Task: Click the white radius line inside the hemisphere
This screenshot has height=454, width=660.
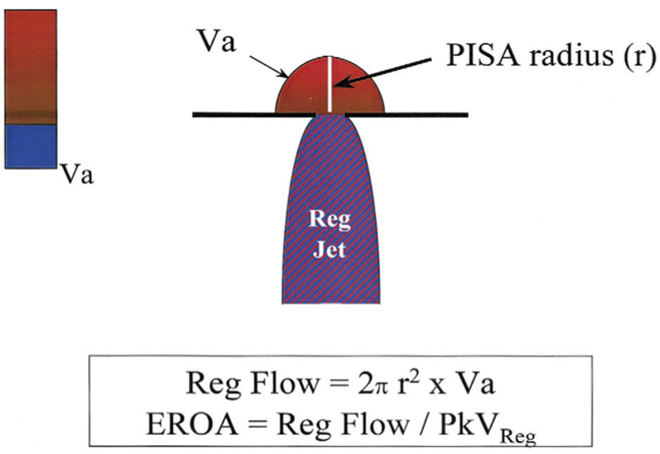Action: [x=330, y=86]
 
